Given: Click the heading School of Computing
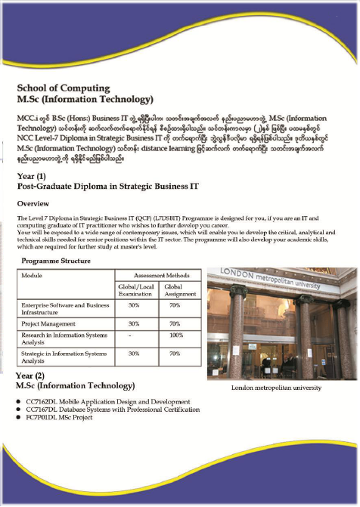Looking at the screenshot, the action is (x=64, y=88).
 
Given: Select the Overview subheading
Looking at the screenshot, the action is (x=33, y=203).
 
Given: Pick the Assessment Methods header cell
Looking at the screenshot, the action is (x=156, y=276).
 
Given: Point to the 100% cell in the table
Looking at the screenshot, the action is (x=176, y=334).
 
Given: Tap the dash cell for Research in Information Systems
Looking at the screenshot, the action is (x=134, y=334).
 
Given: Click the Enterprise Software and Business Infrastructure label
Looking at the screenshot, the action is (x=64, y=308).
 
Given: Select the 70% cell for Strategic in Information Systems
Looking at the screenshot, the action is (x=176, y=353).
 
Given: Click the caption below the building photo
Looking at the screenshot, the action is (x=276, y=388).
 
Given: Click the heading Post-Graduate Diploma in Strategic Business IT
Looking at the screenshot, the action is (x=108, y=185).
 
